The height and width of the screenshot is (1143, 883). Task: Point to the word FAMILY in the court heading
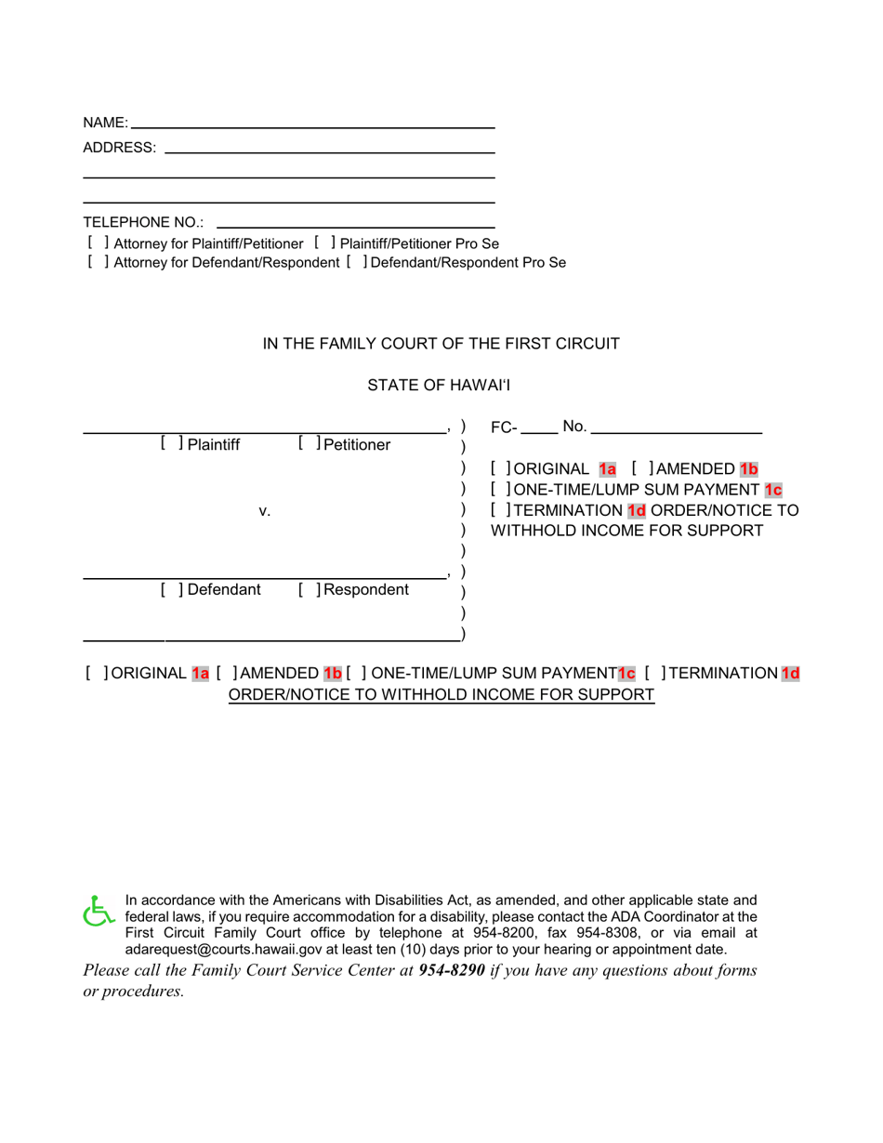pos(349,344)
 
